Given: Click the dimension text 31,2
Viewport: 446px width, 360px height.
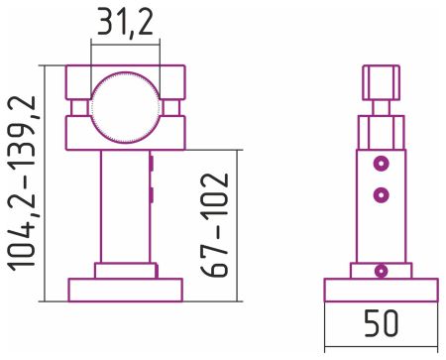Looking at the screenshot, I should point(125,23).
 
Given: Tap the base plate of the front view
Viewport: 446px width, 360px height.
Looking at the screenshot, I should point(125,289).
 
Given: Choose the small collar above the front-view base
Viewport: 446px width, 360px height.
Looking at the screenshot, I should point(125,270).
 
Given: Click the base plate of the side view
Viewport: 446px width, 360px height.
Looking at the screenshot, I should point(383,290).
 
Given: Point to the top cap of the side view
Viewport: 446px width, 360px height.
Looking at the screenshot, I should point(382,79).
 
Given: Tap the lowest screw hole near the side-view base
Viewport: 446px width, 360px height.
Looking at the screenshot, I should point(382,269).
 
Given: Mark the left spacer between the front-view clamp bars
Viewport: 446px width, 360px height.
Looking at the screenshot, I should point(80,106).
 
